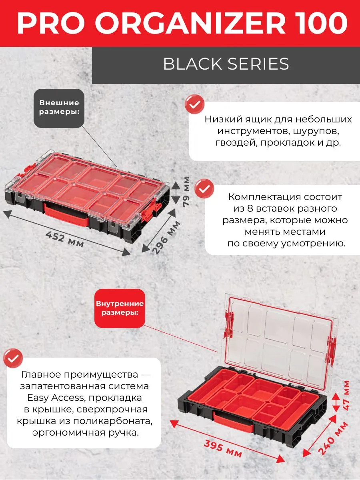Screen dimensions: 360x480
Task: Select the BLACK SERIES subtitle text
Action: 226,64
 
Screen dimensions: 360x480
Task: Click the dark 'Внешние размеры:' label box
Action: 59,108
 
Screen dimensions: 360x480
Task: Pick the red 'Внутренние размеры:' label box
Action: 120,308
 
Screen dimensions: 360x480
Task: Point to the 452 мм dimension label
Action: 65,240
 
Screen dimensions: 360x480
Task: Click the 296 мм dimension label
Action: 166,238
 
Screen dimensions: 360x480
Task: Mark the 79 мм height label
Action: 186,191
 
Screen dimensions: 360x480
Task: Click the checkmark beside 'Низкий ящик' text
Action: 194,104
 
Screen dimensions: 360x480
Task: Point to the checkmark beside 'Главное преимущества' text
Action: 13,358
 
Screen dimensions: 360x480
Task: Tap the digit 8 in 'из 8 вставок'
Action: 250,208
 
